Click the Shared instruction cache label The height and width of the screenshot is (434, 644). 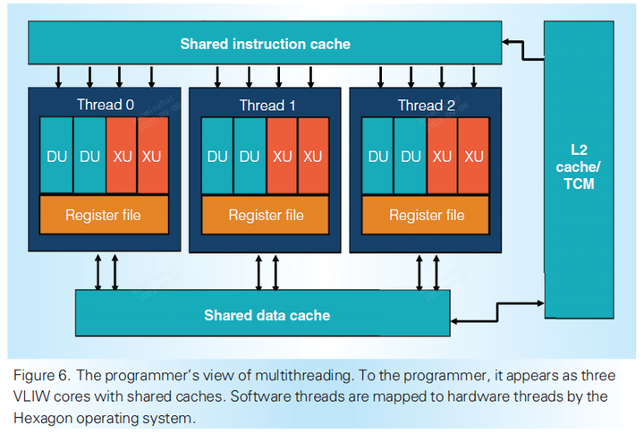click(x=266, y=43)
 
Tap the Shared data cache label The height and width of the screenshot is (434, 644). click(x=267, y=315)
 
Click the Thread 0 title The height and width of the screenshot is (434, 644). click(x=106, y=105)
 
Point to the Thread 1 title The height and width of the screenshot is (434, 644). click(x=267, y=106)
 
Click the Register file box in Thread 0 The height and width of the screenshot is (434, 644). click(x=103, y=215)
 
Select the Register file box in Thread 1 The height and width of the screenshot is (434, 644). click(x=266, y=216)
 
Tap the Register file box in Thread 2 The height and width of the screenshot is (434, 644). click(x=428, y=215)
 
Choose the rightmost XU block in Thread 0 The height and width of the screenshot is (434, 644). click(x=153, y=156)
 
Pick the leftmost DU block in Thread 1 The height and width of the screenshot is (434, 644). click(x=217, y=157)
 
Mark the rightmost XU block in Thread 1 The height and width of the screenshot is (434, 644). click(x=313, y=157)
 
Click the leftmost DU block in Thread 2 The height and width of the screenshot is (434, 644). click(x=378, y=156)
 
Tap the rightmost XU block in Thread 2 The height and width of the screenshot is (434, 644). click(x=473, y=156)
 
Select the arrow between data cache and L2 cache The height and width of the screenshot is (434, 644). click(x=497, y=315)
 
